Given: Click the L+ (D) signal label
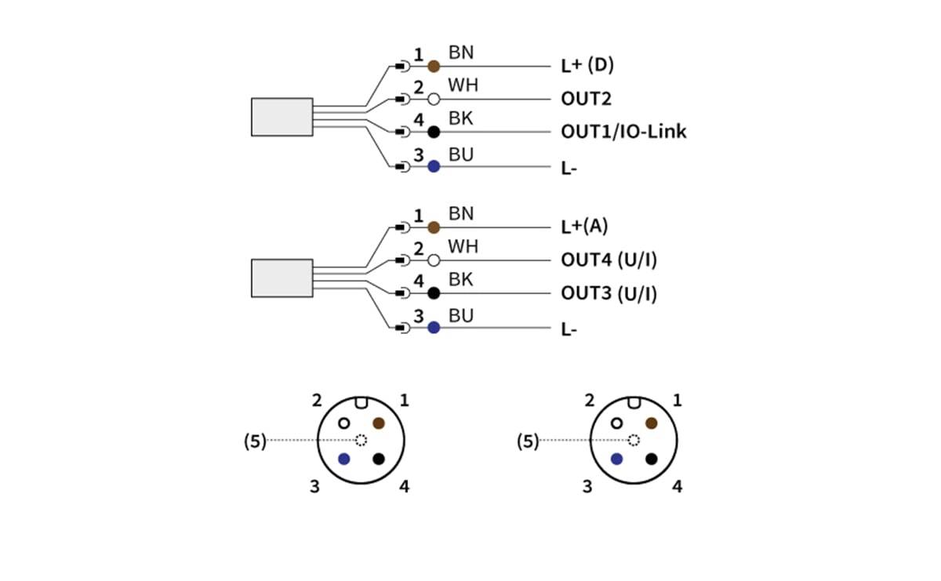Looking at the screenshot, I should [587, 66].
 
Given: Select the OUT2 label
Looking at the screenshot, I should [587, 100].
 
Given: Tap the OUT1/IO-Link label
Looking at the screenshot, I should [623, 132].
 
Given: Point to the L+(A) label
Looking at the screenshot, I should [584, 227].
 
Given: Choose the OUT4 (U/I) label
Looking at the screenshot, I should [609, 260].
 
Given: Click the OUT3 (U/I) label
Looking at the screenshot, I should [609, 294].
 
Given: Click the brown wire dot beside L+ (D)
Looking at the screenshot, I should [434, 67].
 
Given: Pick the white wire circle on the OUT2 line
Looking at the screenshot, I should [434, 100].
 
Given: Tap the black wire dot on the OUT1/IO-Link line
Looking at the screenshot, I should [434, 132].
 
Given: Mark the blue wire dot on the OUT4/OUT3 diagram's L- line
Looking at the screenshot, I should [434, 327].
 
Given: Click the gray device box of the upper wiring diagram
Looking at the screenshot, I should [282, 117].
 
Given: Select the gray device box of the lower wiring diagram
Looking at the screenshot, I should [282, 278].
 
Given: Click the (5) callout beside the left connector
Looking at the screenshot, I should [255, 441].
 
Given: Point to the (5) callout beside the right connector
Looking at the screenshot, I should [528, 441].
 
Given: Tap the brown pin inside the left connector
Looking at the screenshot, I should [379, 423].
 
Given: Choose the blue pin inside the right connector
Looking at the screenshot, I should [616, 459].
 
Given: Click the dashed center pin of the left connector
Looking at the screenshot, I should [362, 441].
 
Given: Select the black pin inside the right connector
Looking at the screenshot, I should [652, 459].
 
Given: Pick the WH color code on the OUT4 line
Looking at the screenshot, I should [463, 247].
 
